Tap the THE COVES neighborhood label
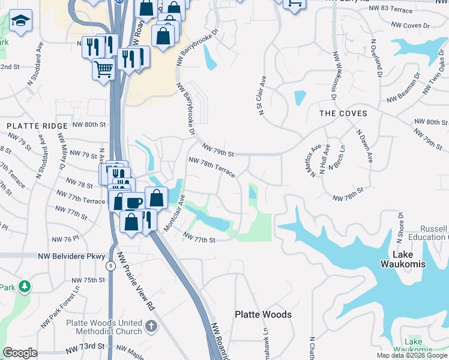343,113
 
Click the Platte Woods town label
263,314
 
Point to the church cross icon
151,327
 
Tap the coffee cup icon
134,203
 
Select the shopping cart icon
103,68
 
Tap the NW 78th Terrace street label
211,166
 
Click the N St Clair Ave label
261,95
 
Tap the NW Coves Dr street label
411,26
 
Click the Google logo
20,353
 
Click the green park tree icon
24,287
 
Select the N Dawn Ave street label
365,148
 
